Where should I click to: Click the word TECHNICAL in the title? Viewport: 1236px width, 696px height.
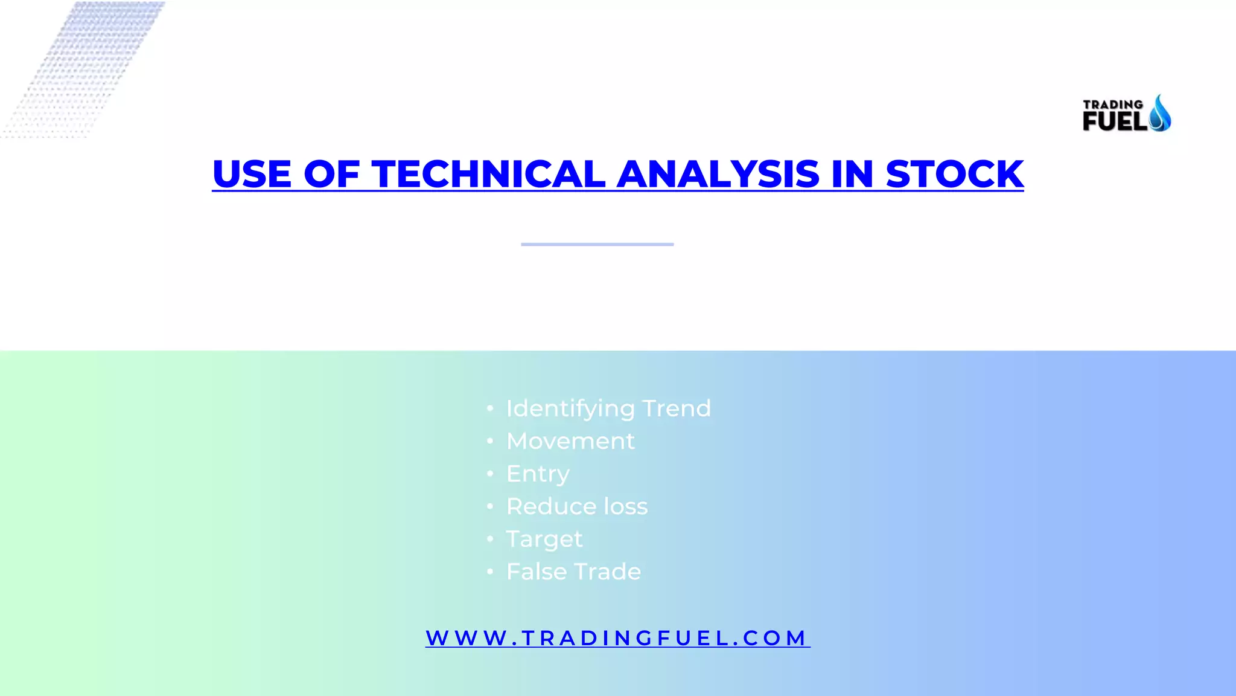[488, 174]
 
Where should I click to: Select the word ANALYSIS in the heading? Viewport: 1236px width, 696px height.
[718, 174]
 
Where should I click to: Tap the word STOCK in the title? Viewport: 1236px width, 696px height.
[954, 174]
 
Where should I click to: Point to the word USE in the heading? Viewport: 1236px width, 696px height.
[252, 174]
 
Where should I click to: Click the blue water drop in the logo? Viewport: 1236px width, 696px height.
[1159, 114]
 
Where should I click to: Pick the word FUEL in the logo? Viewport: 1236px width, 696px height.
[1115, 121]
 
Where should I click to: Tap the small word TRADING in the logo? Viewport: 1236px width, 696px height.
[1112, 105]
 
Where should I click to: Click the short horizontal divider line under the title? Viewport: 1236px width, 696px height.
[597, 244]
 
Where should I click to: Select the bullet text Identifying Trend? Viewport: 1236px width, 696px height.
[608, 408]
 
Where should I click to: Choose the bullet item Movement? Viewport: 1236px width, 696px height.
[570, 441]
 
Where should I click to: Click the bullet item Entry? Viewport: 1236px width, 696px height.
[538, 474]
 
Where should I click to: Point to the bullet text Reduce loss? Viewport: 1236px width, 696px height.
[577, 506]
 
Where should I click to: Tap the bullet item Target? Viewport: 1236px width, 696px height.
[544, 539]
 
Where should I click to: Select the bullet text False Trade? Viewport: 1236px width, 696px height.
[573, 572]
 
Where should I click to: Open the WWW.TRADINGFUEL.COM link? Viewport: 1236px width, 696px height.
[617, 638]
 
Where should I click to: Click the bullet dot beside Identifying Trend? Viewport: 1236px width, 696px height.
[490, 409]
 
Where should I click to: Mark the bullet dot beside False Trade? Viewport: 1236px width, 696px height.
[490, 572]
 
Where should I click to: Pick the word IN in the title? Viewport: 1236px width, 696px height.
[852, 174]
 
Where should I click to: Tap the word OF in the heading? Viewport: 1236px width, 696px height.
[331, 174]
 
